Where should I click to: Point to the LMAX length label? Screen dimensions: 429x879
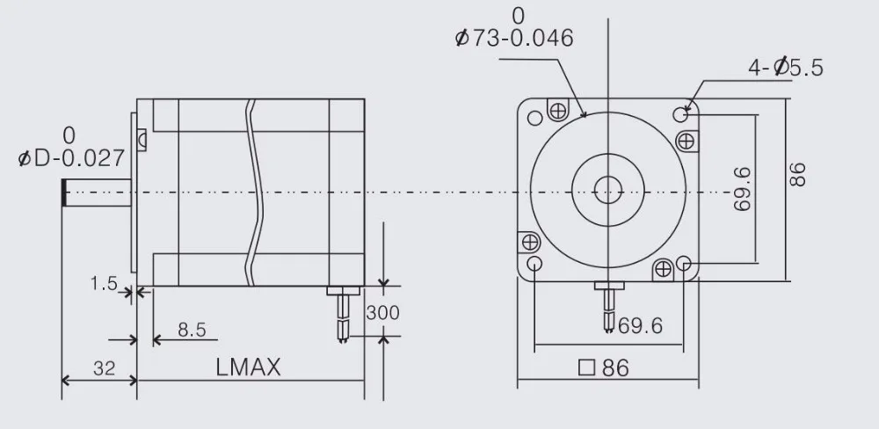click(248, 368)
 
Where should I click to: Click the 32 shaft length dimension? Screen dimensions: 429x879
click(104, 368)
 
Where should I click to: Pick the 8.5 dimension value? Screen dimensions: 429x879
click(191, 331)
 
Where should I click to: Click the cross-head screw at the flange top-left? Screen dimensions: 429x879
click(556, 111)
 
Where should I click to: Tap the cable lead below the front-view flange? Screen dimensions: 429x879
click(607, 307)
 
